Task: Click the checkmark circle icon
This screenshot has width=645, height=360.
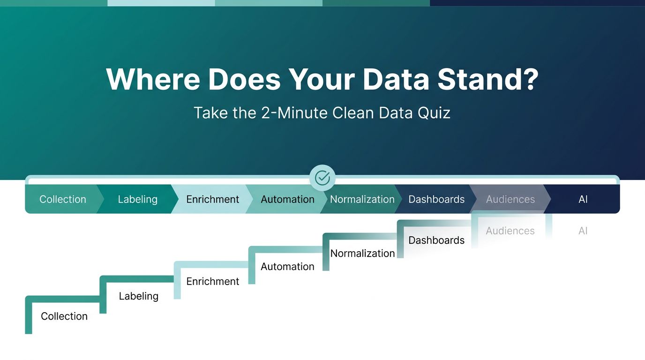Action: (322, 178)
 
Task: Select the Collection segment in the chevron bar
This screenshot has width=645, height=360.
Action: (63, 199)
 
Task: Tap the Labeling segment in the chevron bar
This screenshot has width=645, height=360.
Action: (138, 199)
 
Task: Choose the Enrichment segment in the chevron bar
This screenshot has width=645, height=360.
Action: (212, 199)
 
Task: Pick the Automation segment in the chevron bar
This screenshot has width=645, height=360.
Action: (287, 199)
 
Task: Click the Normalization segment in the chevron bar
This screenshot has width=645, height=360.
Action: (362, 199)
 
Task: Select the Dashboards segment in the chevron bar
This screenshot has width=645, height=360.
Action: (436, 199)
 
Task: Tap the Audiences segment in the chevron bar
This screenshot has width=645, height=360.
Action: (510, 199)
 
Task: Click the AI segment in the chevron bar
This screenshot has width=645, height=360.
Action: (583, 199)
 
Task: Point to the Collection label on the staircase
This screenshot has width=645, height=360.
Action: (64, 316)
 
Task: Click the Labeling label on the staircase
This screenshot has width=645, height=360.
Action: (138, 296)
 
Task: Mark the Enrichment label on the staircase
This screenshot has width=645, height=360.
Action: (212, 281)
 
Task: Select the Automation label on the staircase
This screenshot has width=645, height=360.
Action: (287, 266)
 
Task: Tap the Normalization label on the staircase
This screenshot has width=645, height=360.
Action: (362, 253)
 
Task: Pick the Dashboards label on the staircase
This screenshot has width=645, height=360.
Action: (436, 240)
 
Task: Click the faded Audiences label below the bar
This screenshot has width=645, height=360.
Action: (510, 231)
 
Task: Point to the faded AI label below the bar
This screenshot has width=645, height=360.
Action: (583, 231)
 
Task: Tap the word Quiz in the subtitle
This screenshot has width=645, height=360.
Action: (434, 112)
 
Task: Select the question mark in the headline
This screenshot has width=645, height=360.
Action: (531, 79)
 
